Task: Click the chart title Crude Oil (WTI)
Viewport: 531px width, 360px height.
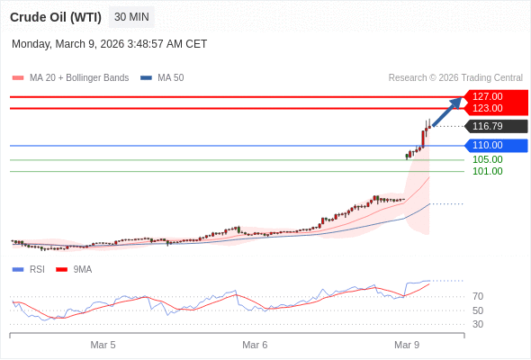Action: click(55, 17)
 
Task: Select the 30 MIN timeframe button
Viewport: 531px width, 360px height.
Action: click(131, 17)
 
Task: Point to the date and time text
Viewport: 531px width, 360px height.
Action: click(109, 43)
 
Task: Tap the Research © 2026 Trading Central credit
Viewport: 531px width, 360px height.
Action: click(455, 77)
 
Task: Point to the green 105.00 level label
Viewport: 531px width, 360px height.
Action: click(487, 159)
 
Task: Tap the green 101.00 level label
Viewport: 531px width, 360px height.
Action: click(487, 171)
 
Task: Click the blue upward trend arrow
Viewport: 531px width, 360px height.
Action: click(447, 111)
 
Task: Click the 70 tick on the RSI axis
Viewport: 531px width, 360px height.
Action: click(478, 296)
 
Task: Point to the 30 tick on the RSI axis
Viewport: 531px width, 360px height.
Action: click(478, 324)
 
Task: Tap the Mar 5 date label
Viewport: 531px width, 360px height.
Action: click(103, 345)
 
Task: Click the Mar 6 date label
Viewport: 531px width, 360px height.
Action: click(255, 345)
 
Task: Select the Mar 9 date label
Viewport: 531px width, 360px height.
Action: click(407, 345)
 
